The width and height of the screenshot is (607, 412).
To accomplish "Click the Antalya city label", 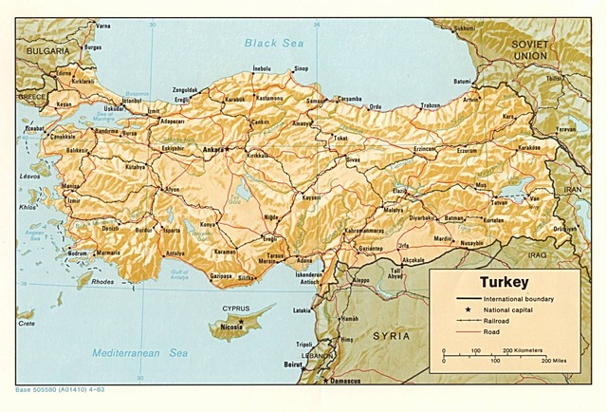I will [175, 253].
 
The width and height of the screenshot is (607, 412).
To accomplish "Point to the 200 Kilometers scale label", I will [522, 350].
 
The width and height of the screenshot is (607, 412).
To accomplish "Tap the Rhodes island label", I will [102, 281].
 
